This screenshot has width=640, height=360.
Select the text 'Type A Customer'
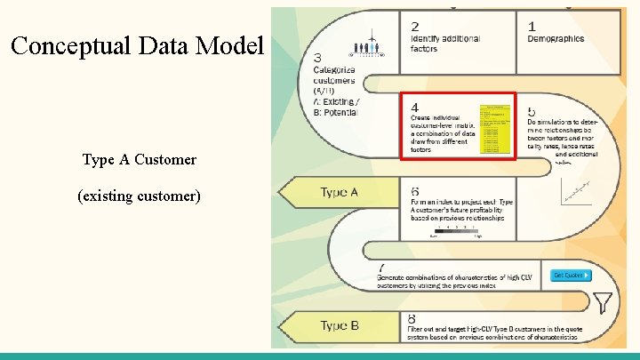[x=139, y=160]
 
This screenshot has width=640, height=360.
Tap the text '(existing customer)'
[x=139, y=195]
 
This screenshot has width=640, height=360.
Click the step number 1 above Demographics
[x=532, y=27]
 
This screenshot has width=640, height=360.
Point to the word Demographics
[x=556, y=39]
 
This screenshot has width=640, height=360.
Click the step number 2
[x=415, y=27]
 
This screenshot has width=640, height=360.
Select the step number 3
[x=318, y=59]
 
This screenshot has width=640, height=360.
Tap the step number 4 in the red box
[x=414, y=107]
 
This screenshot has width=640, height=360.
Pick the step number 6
[x=415, y=191]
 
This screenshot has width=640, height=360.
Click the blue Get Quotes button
[x=570, y=275]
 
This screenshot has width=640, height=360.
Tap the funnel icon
[x=604, y=303]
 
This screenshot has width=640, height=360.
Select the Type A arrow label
[x=339, y=193]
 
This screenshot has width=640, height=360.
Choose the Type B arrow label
[x=339, y=325]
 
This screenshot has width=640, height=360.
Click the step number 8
[x=412, y=318]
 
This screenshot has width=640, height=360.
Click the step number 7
[x=382, y=268]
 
